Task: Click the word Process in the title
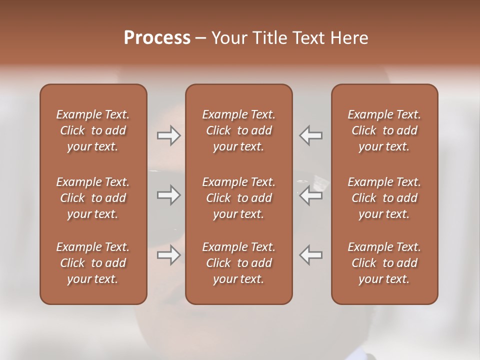click(157, 38)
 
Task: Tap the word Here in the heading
click(348, 38)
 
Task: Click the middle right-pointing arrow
click(168, 195)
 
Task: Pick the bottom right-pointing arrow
click(168, 255)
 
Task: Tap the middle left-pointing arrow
click(311, 195)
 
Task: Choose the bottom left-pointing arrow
click(311, 255)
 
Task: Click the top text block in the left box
click(93, 130)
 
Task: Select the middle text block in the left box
click(93, 198)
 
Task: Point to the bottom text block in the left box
click(93, 263)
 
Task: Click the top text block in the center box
click(239, 130)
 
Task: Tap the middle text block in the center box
click(239, 198)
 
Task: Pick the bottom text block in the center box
click(239, 263)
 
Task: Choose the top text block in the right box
click(384, 130)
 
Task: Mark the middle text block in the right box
click(384, 198)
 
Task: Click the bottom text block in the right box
click(384, 263)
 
